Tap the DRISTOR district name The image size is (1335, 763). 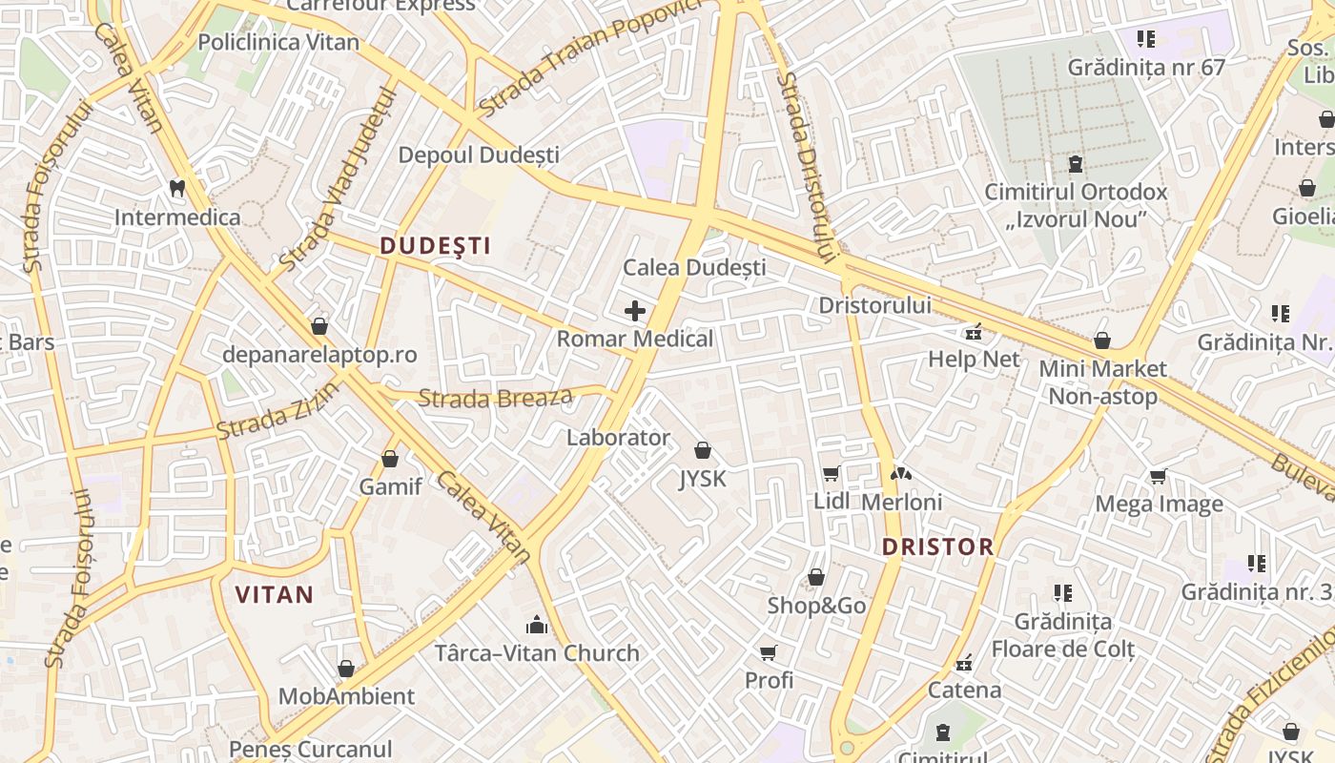[937, 546]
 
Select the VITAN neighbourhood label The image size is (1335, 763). [275, 595]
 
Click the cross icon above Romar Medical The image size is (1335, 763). [635, 310]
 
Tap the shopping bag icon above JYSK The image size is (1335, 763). [703, 449]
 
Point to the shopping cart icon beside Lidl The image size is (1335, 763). [832, 474]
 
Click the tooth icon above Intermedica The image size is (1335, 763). [177, 188]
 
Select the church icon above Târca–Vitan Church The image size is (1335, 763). [537, 625]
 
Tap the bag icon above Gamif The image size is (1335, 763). [390, 459]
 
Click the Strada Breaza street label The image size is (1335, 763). [496, 397]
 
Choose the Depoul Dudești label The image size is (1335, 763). [479, 155]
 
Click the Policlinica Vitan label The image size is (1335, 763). [278, 42]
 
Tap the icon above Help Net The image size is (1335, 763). [974, 333]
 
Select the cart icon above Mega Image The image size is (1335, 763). [1159, 476]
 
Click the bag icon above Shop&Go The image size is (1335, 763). [816, 577]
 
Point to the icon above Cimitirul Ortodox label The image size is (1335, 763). [1076, 164]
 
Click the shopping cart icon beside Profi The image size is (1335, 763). [769, 652]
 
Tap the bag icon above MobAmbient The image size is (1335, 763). [346, 669]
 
